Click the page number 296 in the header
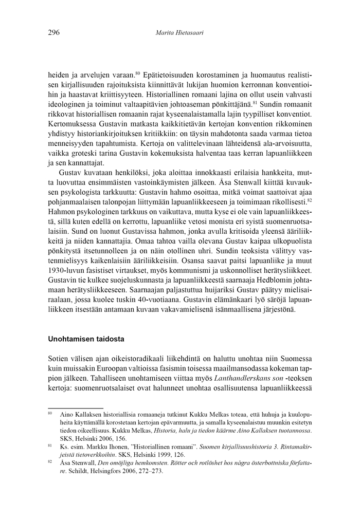54,33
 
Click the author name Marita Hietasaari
179,33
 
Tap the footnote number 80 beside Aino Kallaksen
50,413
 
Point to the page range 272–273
150,471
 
